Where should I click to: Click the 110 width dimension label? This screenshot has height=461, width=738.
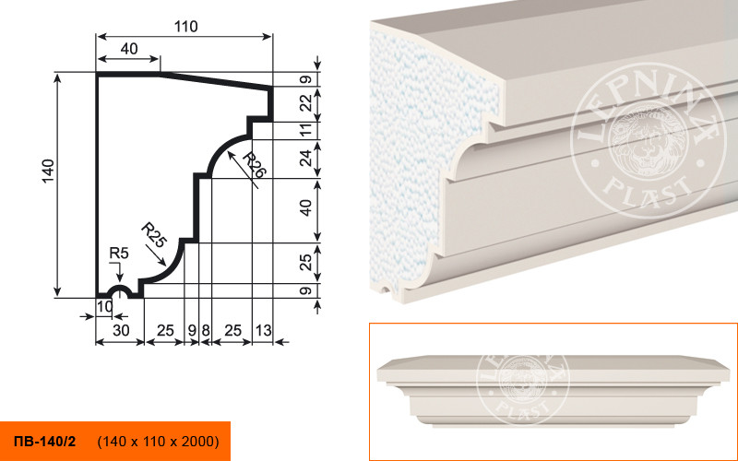(186, 27)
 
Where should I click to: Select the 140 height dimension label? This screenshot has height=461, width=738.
(49, 171)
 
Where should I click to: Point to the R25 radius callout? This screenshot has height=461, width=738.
(154, 235)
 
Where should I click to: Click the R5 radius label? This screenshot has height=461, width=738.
(119, 254)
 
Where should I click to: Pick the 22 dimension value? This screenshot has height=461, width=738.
(306, 102)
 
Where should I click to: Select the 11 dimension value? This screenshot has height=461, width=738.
(306, 129)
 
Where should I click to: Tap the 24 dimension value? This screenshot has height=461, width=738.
(306, 158)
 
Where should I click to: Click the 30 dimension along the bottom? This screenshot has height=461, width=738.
(121, 330)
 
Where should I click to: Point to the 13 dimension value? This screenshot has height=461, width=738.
(263, 330)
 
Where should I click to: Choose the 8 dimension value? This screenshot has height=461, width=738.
(206, 330)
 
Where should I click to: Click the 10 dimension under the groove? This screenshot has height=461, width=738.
(105, 306)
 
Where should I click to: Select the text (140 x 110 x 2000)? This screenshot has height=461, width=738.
(158, 442)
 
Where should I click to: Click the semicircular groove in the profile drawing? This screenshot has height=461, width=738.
(120, 288)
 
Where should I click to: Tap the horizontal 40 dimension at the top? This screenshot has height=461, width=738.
(129, 49)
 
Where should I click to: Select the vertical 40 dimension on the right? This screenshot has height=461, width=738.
(306, 207)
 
